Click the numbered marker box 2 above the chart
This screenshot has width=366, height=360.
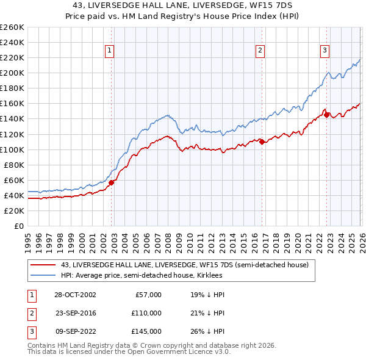click(260, 51)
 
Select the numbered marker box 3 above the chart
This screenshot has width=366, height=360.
click(325, 51)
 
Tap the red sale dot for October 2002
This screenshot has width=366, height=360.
click(112, 182)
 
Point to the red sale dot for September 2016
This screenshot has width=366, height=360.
click(262, 142)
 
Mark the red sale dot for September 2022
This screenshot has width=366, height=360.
click(327, 115)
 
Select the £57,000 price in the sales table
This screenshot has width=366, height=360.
click(147, 295)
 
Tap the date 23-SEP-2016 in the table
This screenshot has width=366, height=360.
click(76, 313)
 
